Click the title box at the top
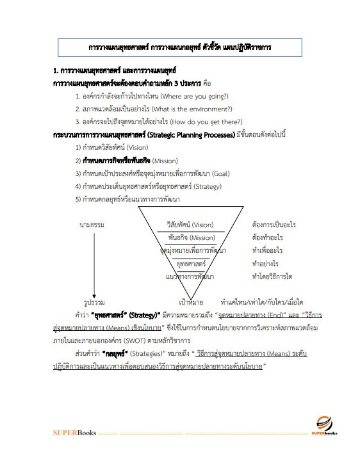(x=180, y=48)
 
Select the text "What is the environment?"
(x=197, y=109)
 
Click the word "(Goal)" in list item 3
(x=219, y=173)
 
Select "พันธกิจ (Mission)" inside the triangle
(x=191, y=237)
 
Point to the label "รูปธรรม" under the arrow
(x=93, y=301)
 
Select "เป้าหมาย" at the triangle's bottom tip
(x=192, y=301)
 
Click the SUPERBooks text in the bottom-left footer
(x=74, y=433)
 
